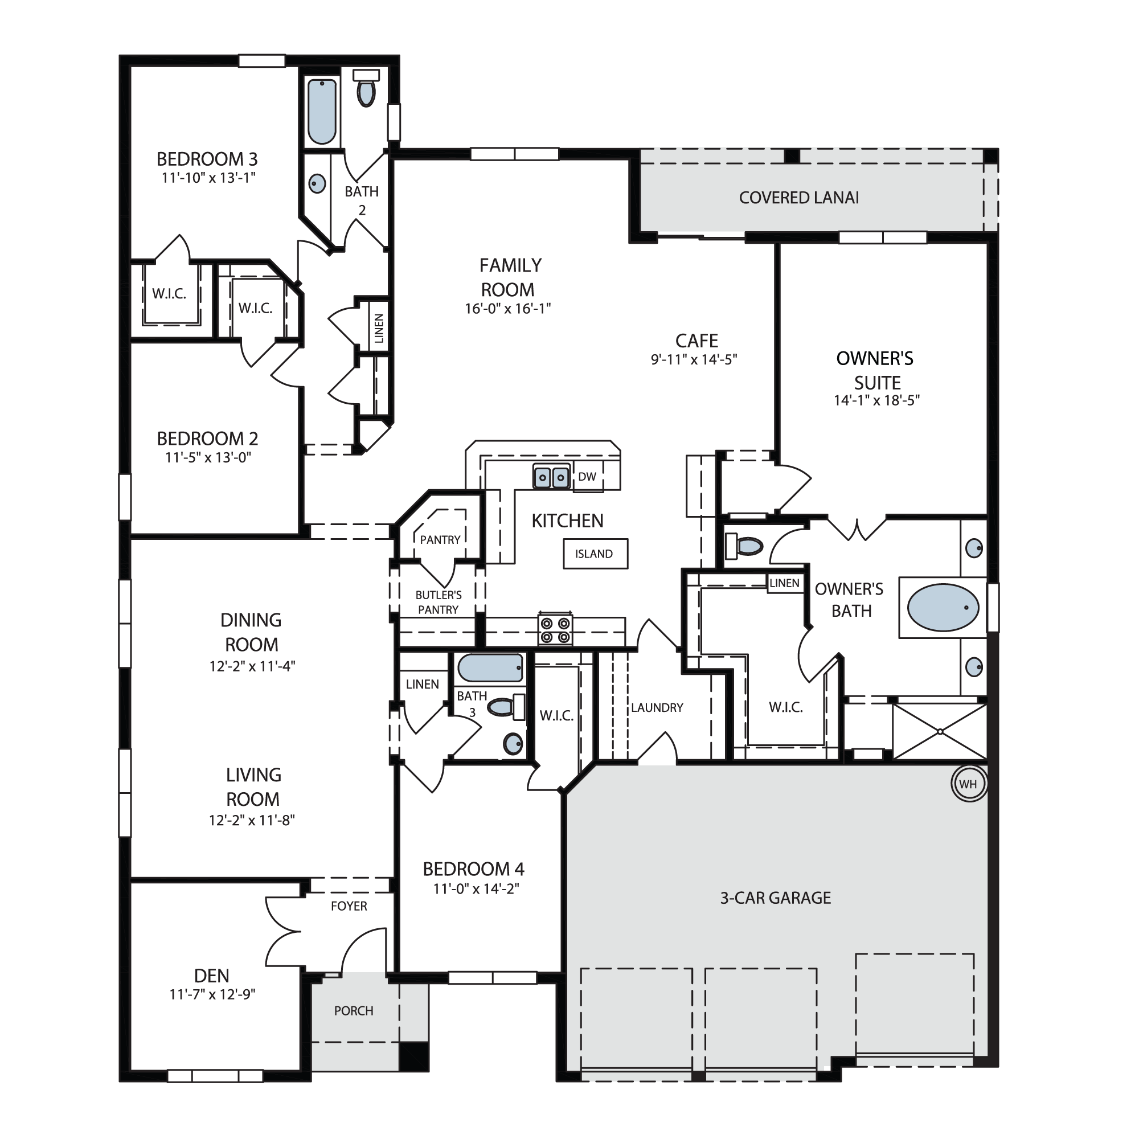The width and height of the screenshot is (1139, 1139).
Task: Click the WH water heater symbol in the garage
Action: coord(969,784)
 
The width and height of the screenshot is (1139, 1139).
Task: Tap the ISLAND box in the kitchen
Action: coord(596,554)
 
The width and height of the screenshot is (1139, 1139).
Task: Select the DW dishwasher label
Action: coord(587,476)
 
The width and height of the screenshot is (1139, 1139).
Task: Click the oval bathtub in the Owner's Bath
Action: coord(943,607)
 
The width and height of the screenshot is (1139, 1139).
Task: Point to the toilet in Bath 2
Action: coord(366,88)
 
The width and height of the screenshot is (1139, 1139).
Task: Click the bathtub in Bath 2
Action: coord(322,112)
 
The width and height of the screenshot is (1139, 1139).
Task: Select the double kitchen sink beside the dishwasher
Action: coord(552,476)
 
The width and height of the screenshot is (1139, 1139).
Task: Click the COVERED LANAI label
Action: coord(799,198)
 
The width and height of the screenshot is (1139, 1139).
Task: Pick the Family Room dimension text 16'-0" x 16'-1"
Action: coord(507,308)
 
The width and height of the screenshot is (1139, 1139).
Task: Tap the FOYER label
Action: coord(349,906)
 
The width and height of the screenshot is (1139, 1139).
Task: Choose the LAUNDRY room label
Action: coord(657,707)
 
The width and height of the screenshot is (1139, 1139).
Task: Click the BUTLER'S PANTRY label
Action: coord(439,603)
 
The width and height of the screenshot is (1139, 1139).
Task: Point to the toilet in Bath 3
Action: coord(506,707)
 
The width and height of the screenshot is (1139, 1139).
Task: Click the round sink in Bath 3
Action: coord(513,744)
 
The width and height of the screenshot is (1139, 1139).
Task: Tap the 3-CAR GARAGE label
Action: coord(775,898)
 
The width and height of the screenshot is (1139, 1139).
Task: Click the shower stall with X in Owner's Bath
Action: coord(940,732)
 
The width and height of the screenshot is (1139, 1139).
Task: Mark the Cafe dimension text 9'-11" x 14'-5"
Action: coord(694,359)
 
